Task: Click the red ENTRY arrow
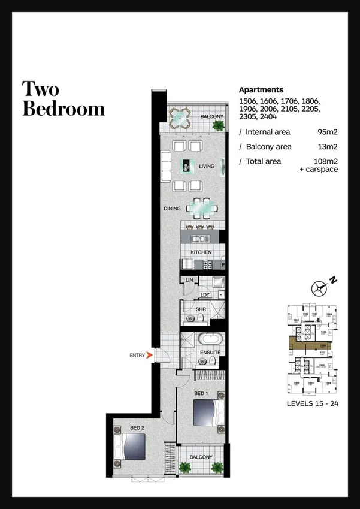tap(150, 356)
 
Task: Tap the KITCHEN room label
tap(201, 253)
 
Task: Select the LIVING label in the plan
tap(207, 167)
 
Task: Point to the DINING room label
tap(173, 209)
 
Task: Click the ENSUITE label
tap(210, 353)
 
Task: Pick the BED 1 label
tap(202, 393)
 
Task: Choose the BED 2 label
tap(137, 427)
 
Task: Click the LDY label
tap(205, 294)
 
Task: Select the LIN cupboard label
tap(189, 281)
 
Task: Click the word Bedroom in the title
tap(63, 109)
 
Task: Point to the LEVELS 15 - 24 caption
tap(313, 404)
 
